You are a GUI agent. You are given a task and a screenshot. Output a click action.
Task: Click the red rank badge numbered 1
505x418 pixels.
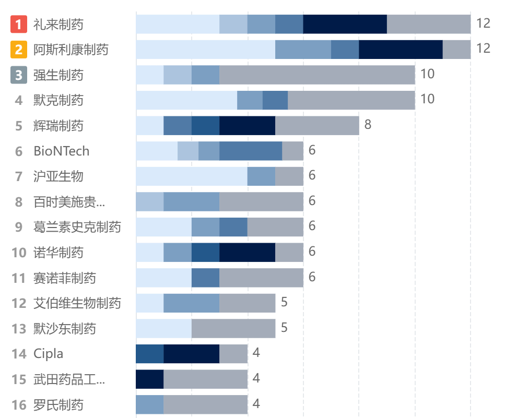tap(19, 24)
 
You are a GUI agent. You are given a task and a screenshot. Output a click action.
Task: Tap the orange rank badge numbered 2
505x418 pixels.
tap(19, 50)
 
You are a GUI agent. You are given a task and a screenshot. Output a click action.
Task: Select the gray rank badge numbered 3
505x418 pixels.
tap(19, 75)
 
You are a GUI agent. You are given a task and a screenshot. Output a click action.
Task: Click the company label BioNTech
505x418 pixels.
tap(61, 151)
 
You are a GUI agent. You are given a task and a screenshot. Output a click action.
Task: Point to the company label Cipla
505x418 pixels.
tap(48, 354)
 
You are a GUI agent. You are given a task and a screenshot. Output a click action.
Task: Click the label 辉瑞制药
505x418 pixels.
tap(58, 126)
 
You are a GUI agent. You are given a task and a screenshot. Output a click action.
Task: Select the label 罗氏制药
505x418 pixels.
tap(58, 405)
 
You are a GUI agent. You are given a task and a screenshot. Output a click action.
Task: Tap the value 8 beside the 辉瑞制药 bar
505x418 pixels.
tap(368, 125)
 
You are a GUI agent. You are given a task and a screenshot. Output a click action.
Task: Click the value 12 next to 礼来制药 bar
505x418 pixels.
tap(483, 23)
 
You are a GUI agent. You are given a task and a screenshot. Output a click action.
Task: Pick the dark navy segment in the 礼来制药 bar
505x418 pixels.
tap(345, 24)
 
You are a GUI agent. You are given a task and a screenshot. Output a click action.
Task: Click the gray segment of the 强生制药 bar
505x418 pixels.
tap(317, 75)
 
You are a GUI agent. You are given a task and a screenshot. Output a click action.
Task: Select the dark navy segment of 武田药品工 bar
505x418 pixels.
tap(149, 379)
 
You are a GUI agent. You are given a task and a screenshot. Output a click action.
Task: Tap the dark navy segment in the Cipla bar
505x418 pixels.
tap(191, 354)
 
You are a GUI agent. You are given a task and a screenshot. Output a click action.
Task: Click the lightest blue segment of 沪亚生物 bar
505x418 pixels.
tap(191, 176)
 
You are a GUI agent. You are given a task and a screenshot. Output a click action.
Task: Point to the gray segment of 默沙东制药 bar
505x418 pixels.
tap(233, 329)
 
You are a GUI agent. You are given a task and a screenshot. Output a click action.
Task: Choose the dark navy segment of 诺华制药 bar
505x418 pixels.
tap(247, 253)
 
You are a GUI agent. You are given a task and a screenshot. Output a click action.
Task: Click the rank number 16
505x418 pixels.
tap(19, 405)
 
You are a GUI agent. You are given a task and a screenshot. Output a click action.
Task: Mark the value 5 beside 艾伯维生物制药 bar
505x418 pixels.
tap(284, 302)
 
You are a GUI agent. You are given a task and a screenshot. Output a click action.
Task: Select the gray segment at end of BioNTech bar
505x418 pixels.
tap(292, 151)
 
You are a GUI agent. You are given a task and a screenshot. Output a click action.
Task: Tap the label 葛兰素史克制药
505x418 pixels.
tap(77, 227)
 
